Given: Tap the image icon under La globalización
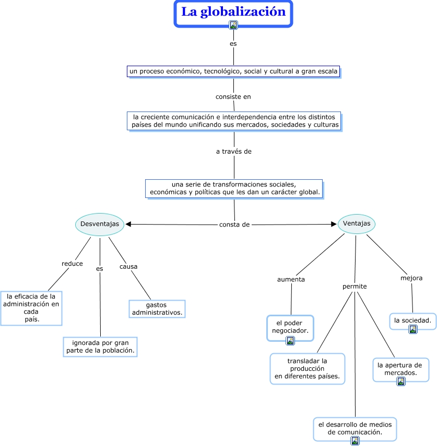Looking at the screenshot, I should click(x=233, y=24).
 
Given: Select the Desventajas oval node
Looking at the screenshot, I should click(x=100, y=224).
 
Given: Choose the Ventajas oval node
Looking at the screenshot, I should click(x=357, y=223).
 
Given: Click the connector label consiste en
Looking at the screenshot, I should click(x=233, y=96).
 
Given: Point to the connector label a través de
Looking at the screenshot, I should click(x=234, y=152).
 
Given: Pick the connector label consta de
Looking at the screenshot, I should click(x=234, y=225).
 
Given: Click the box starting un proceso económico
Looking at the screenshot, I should click(x=233, y=71).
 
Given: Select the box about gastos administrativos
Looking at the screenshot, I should click(x=157, y=308).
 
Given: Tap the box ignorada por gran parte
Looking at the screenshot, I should click(x=101, y=347).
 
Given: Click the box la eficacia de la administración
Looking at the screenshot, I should click(x=31, y=308).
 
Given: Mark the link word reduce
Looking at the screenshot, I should click(x=72, y=264).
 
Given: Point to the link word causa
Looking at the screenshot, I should click(x=128, y=267).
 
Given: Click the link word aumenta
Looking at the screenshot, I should click(x=291, y=279).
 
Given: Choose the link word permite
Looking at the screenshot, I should click(x=355, y=287).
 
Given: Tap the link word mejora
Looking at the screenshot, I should click(x=411, y=278).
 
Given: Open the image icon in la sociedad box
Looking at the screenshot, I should click(x=413, y=329).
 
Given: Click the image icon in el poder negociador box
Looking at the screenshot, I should click(x=290, y=341).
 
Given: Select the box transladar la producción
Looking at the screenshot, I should click(x=308, y=368).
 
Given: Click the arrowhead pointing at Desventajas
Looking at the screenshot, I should click(x=128, y=225).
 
